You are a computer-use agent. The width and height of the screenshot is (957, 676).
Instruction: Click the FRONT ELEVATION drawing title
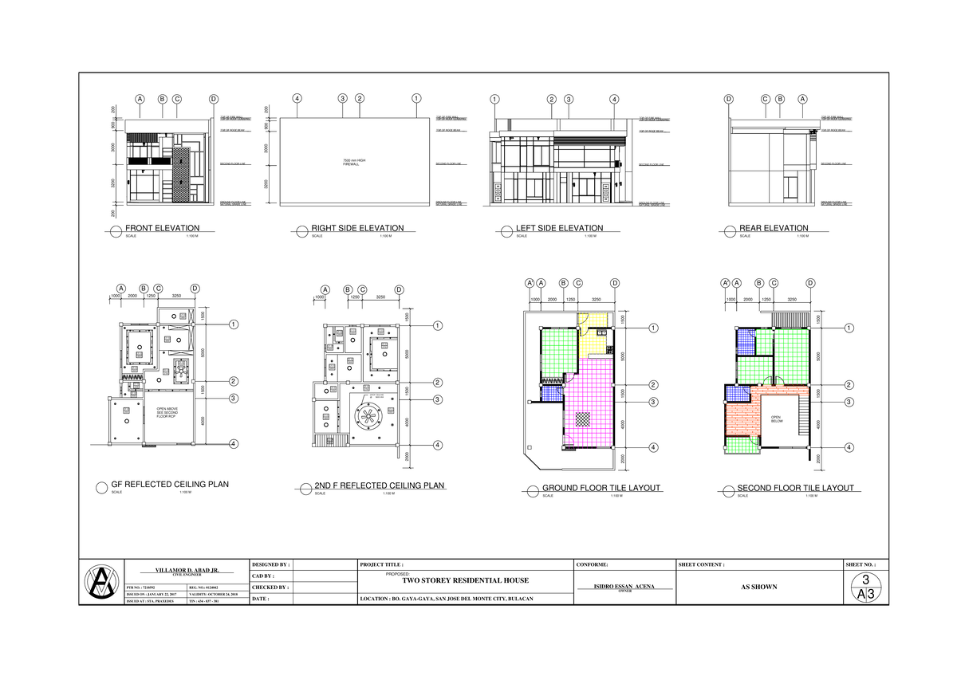(159, 228)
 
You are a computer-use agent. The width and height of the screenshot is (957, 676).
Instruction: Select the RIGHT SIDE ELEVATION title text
(357, 228)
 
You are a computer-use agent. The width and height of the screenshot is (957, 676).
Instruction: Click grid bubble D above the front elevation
(213, 99)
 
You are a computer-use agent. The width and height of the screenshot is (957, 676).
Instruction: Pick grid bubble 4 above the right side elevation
(297, 99)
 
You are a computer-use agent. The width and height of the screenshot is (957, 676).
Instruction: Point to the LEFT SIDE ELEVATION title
(559, 228)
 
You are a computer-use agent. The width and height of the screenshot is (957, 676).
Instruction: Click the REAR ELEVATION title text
(774, 228)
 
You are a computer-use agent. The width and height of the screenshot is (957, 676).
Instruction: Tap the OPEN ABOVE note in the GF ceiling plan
(167, 411)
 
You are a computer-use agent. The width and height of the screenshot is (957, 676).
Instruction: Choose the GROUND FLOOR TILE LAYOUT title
(601, 488)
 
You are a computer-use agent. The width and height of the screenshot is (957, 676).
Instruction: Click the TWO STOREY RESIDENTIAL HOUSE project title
(466, 581)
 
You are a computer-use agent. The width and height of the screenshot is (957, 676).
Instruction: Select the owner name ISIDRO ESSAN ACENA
(624, 586)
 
